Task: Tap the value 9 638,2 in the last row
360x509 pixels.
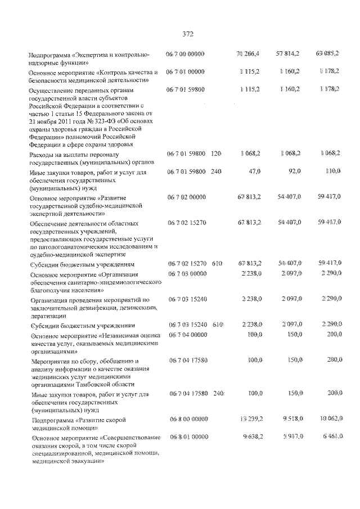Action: coord(251,437)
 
